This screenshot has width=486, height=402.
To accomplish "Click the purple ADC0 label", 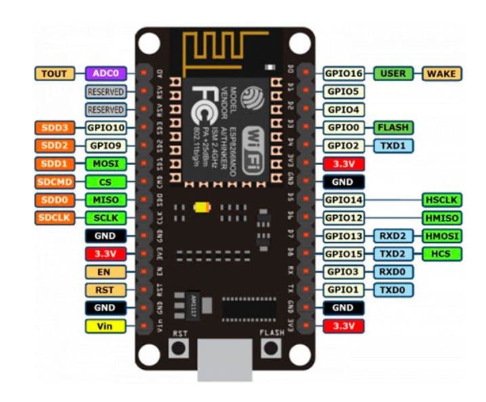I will coord(106,73).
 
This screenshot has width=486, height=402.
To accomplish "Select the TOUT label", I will coord(54,73).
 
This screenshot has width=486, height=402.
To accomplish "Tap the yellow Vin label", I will coord(105,326).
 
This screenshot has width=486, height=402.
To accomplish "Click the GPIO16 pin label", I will coord(345,73).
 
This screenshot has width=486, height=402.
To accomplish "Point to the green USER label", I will coord(393,73).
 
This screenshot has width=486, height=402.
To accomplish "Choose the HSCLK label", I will coord(441,199).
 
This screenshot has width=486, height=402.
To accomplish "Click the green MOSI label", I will coord(105,163).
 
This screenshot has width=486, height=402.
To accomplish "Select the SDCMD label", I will coord(54,181).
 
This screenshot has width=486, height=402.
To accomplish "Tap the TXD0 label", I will coord(393,290).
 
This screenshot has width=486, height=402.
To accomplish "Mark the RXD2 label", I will coord(393,236).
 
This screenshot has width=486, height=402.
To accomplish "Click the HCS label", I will coord(441,254).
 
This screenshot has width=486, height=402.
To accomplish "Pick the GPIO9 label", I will coord(105,145).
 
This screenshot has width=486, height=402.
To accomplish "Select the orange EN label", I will coord(105,271).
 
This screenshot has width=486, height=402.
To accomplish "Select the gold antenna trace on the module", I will coord(224,51).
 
